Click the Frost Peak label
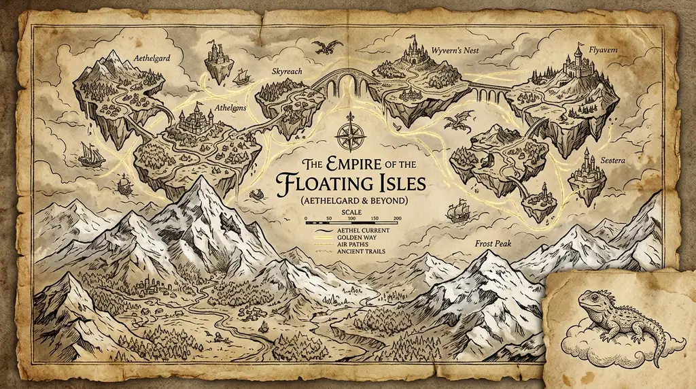coord(493,242)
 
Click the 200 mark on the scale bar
coord(397,218)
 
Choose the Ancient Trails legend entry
coord(359,252)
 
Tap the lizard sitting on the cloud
coord(615,319)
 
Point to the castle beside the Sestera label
coord(585,170)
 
